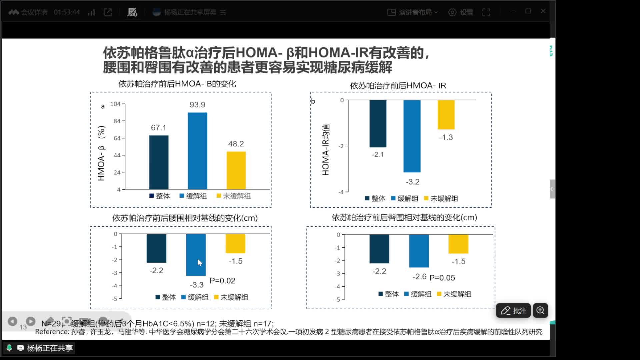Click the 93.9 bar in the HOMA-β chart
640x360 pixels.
coord(197,151)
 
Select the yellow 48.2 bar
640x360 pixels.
coord(236,170)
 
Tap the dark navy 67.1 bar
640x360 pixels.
coord(159,162)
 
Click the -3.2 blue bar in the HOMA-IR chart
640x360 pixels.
coord(412,136)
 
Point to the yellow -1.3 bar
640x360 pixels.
coord(446,115)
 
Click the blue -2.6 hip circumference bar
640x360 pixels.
coord(419,251)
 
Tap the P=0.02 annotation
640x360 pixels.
coord(222,281)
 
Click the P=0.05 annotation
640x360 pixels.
coord(442,278)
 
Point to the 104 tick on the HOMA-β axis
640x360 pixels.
coord(115,104)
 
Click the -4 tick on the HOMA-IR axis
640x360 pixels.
coord(341,192)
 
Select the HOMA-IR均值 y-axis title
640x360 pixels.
coord(326,149)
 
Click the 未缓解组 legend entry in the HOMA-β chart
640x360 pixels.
coord(234,196)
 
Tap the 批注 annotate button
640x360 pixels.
coord(513,311)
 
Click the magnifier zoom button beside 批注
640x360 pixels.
coord(540,311)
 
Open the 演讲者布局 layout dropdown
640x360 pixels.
coord(413,12)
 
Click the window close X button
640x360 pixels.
coord(543,11)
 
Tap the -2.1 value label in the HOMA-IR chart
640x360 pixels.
coord(378,154)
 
